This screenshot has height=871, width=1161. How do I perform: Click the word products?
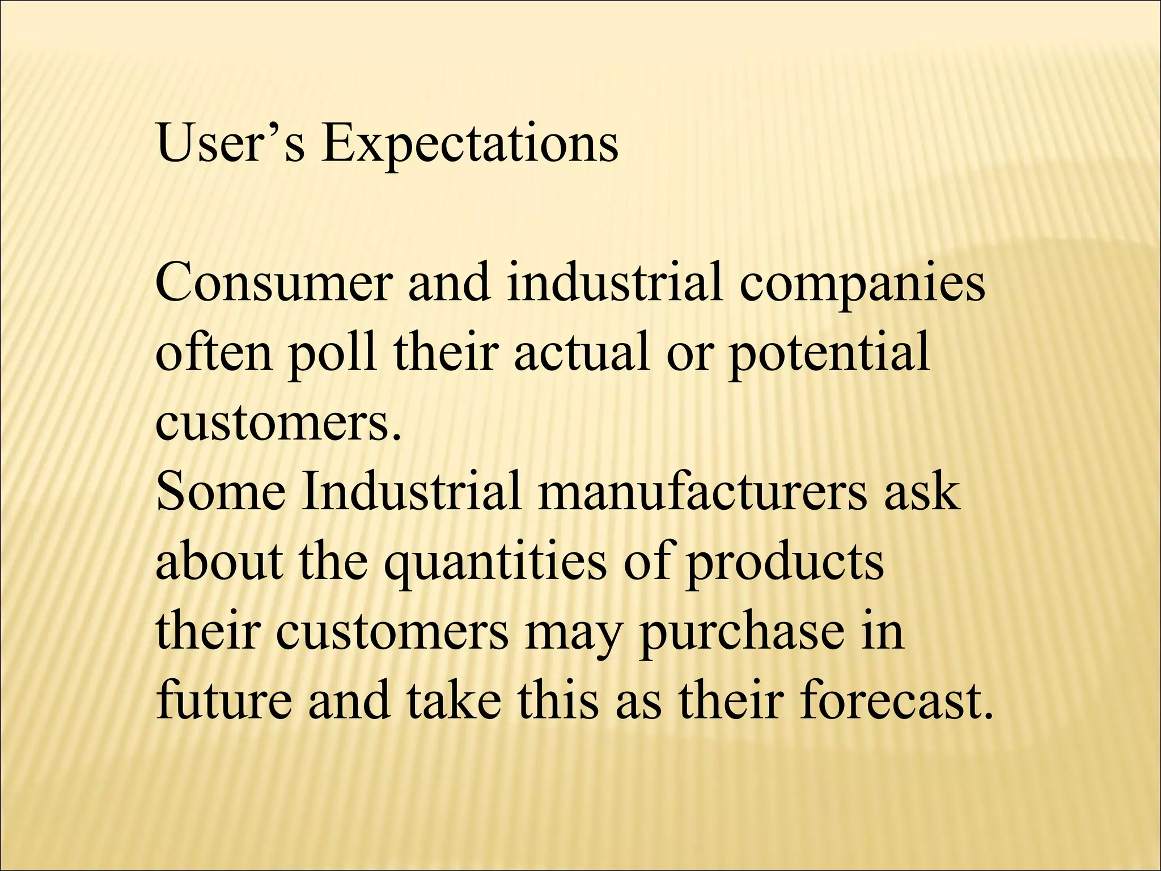785,564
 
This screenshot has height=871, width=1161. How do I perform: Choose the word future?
223,701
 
